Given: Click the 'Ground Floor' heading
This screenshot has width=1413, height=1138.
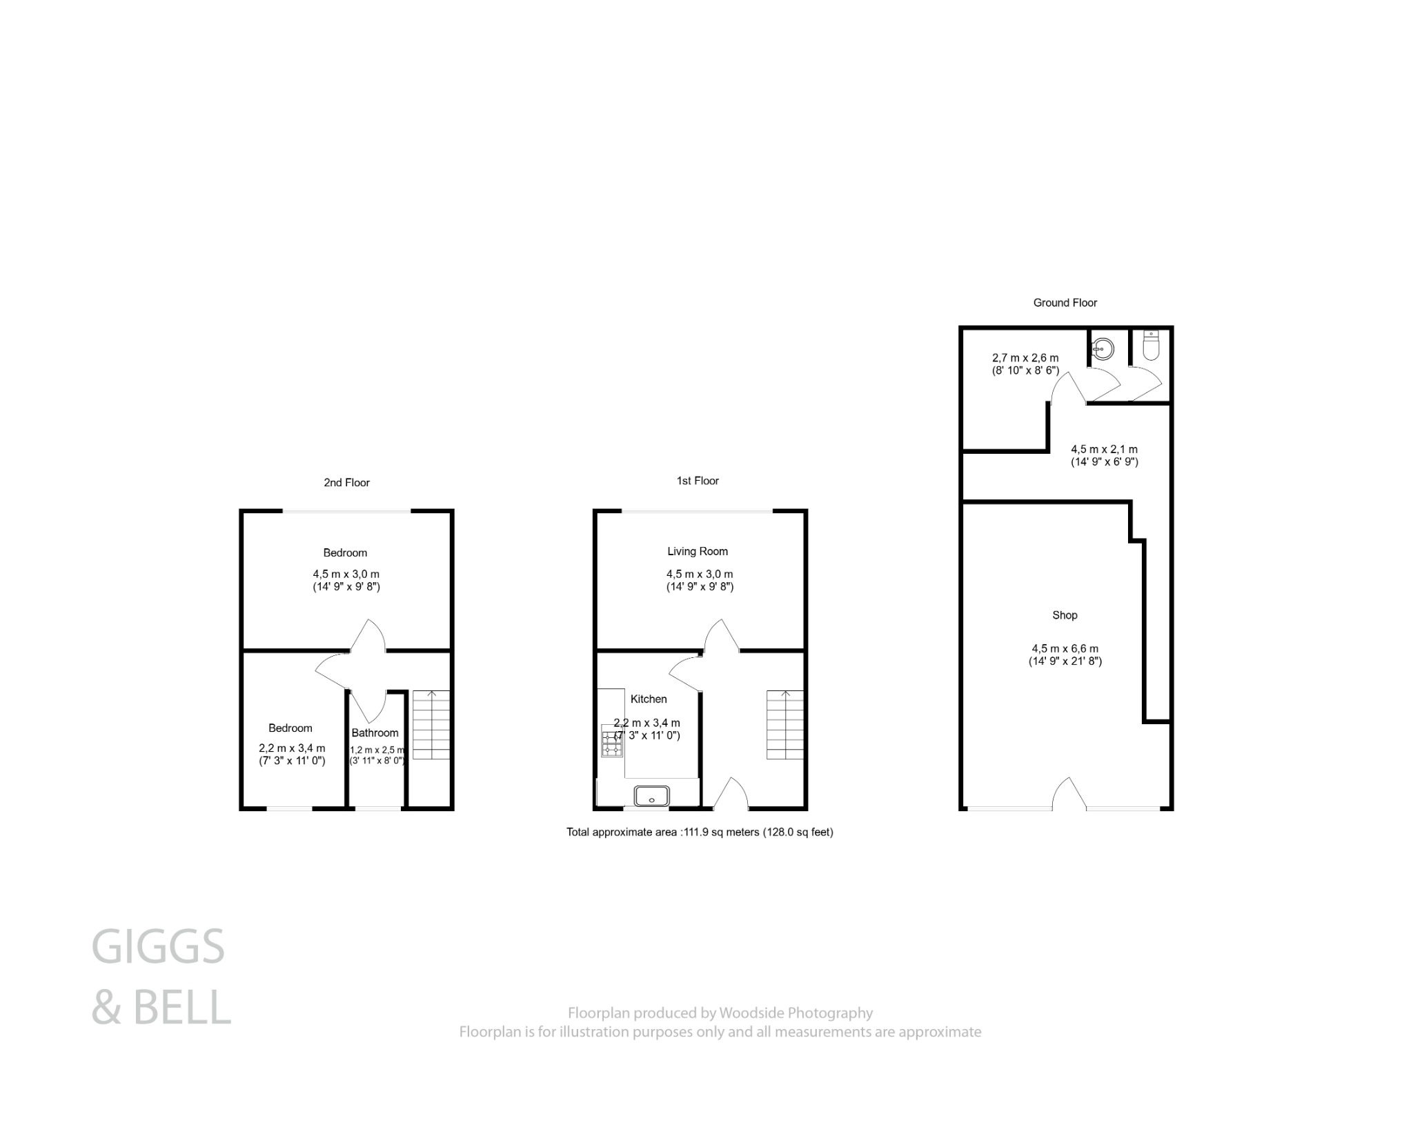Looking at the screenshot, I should coord(1065,303).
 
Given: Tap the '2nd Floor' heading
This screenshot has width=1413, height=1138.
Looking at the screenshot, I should coord(346,483).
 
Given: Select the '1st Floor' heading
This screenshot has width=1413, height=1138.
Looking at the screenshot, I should coord(698,481).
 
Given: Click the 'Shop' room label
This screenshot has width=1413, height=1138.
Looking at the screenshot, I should coord(1065,615).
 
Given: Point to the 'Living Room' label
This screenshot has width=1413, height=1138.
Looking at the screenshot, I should coord(698,551).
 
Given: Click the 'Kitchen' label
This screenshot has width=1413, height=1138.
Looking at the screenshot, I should coord(649,699).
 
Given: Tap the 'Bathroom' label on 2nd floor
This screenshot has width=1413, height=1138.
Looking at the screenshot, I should coord(375,732).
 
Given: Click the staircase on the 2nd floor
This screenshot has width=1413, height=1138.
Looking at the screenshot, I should coord(431,724).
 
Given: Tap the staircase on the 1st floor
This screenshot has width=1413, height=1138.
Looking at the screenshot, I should coord(785,724).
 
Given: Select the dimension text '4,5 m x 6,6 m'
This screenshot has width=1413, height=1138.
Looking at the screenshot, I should coord(1065,648).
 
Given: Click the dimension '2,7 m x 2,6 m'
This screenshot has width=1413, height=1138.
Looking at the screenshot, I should coord(1025,358).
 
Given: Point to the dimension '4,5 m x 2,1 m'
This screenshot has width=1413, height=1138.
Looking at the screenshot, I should coord(1104,450).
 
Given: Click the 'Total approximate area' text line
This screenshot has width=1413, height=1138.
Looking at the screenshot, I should coord(700,832).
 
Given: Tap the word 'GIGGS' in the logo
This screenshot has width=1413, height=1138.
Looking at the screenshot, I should coord(158,946).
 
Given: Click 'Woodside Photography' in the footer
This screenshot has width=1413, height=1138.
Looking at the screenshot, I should coord(796,1013).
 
